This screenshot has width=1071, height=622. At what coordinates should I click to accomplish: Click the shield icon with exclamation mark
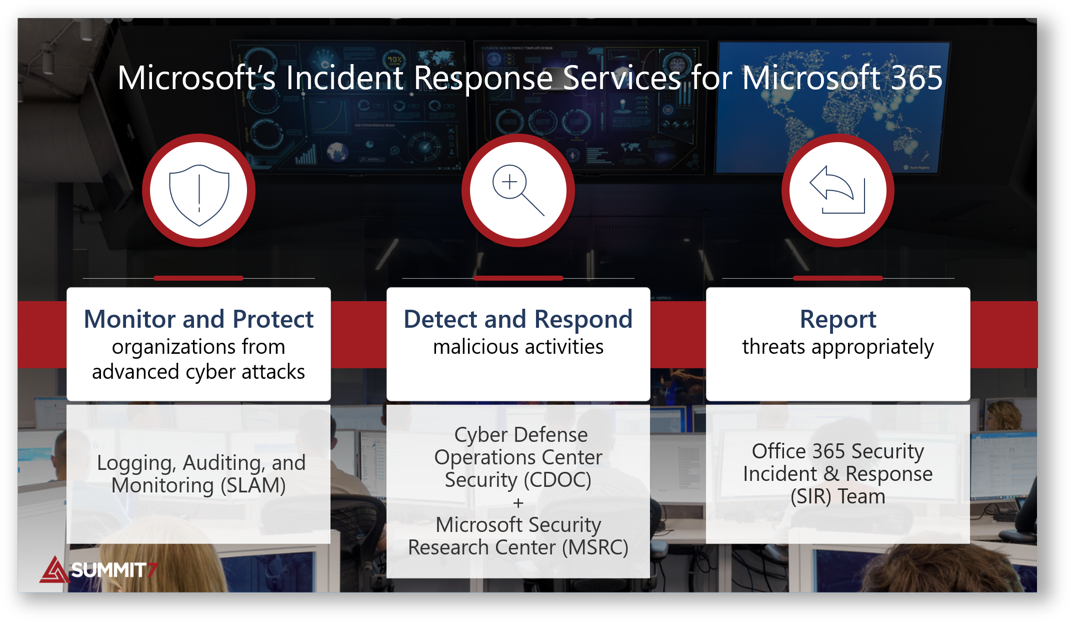point(199,193)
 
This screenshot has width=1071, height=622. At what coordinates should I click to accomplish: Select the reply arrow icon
point(837,190)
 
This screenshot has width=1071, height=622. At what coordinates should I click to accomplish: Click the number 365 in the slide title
point(916,78)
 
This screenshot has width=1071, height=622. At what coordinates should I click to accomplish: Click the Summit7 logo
point(98,570)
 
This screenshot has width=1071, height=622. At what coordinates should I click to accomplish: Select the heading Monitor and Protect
point(198,319)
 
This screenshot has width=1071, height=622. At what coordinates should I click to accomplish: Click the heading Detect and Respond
point(518,319)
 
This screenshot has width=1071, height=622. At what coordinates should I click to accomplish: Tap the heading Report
point(837,319)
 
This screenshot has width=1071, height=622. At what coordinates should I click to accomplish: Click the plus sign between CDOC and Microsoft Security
point(518,503)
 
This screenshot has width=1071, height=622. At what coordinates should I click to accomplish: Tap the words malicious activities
point(518,347)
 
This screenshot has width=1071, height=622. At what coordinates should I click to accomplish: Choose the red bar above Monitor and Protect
point(198,278)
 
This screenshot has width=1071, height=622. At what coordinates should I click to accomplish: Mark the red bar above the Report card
point(837,278)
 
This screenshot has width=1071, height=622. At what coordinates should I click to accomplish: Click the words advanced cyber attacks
point(198,372)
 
